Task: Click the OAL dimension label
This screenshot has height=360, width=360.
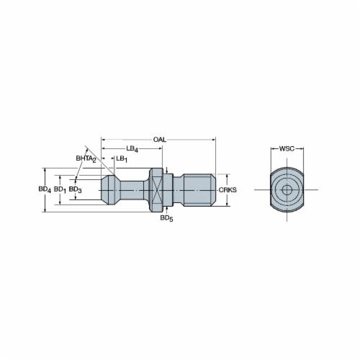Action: [160, 140]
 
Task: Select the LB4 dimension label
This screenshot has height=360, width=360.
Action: [132, 149]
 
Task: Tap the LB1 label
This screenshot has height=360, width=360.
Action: [122, 159]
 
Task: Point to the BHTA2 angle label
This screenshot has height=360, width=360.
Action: [86, 159]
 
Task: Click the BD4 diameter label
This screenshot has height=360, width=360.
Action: [45, 189]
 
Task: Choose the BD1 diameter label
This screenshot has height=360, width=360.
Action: [60, 189]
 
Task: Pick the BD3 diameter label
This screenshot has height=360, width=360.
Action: [75, 189]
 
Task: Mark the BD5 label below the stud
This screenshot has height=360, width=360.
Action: [166, 218]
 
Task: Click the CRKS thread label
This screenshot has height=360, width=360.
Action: [228, 190]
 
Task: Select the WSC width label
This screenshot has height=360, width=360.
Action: [287, 148]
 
